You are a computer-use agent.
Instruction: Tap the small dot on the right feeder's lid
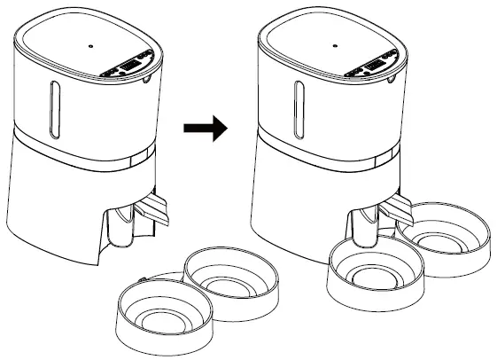(x=335, y=43)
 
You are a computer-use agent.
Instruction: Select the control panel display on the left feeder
(x=130, y=66)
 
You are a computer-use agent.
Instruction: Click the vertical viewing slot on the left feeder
(x=54, y=108)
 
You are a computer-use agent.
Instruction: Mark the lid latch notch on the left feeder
(x=145, y=81)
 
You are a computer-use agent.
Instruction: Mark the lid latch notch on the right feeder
(x=389, y=82)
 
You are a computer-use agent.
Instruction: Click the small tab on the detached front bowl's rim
(x=143, y=282)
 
